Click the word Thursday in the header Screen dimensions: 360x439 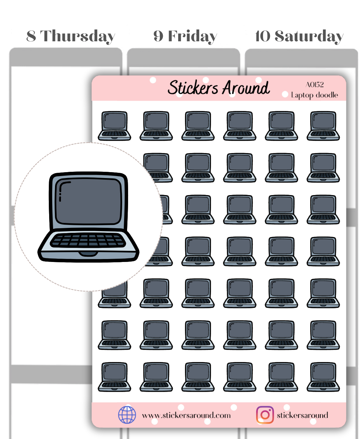pos(77,36)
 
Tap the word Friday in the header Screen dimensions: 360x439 pos(193,36)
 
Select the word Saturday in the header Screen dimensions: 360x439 pos(309,36)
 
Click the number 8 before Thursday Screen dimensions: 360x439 pos(31,36)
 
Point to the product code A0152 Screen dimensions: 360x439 pos(315,85)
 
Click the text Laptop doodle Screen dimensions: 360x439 pos(314,95)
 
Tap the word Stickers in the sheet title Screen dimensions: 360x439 pos(193,88)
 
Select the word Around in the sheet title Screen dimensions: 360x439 pos(246,88)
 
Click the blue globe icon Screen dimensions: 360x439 pos(127,415)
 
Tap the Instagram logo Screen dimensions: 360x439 pos(265,415)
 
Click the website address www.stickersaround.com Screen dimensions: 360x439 pos(186,415)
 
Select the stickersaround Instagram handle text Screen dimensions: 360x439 pos(302,415)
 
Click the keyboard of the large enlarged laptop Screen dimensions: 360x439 pos(88,240)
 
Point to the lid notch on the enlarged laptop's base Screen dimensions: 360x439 pos(88,254)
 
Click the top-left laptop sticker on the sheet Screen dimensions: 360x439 pos(114,126)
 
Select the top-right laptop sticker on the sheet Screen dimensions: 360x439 pos(323,126)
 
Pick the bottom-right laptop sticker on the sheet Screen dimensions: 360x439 pos(323,377)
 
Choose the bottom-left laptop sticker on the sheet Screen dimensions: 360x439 pos(114,377)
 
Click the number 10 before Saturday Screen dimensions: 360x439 pos(263,36)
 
